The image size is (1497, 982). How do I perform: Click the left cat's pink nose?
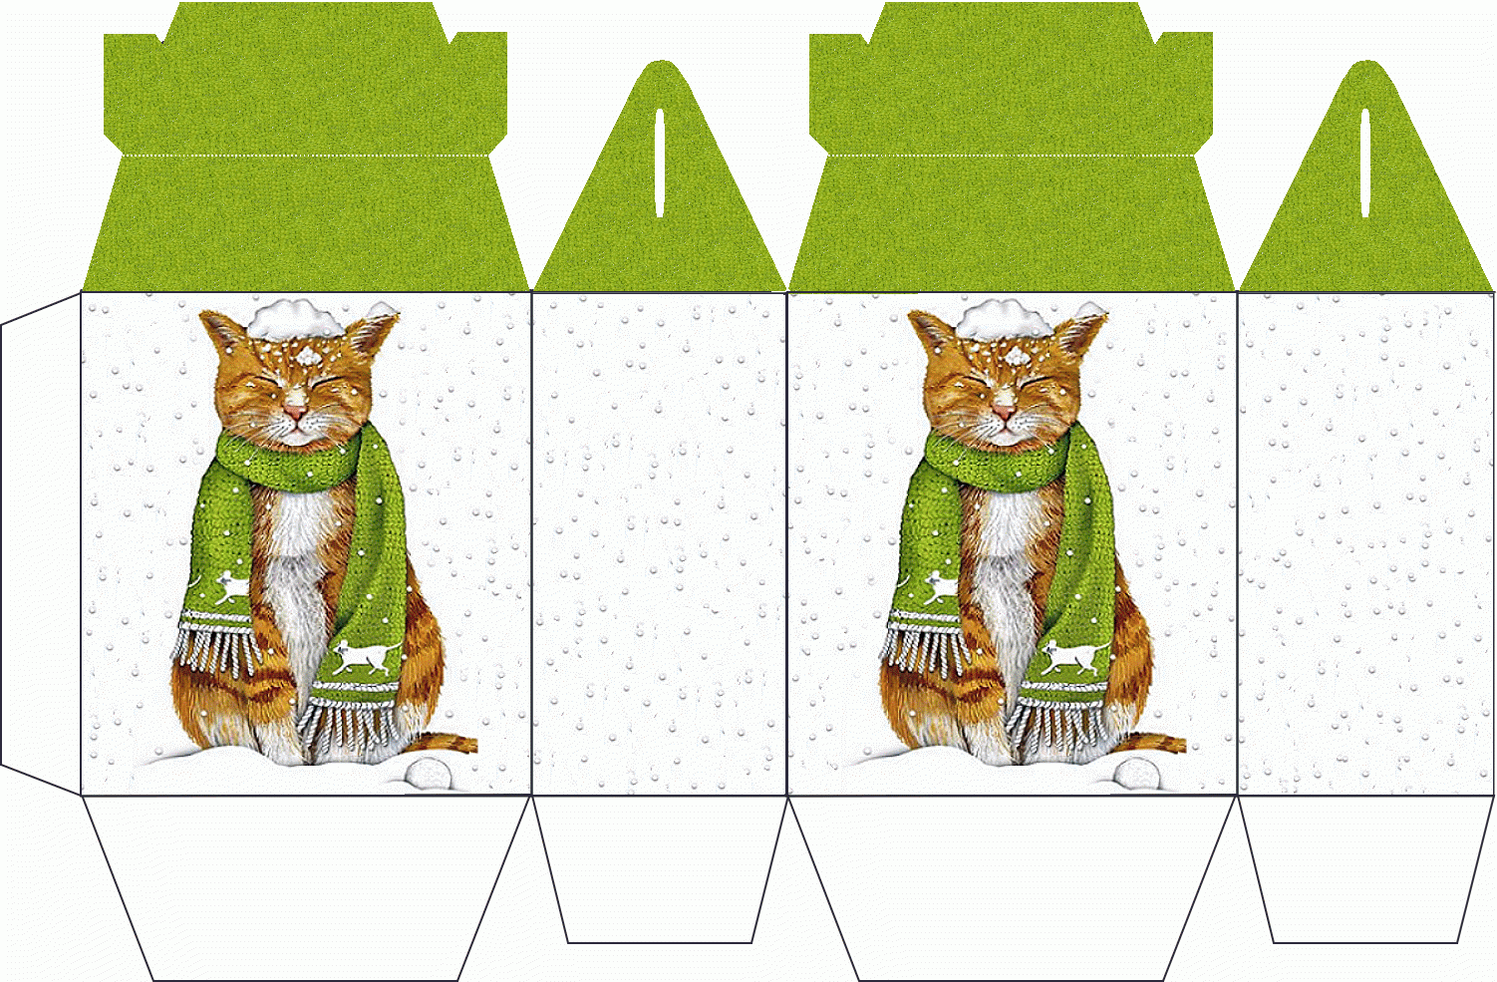[x=296, y=408]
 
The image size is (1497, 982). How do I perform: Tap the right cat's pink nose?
[x=1004, y=410]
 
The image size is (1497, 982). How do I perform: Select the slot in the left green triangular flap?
[x=659, y=162]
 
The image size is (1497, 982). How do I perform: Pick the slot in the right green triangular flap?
[x=1365, y=162]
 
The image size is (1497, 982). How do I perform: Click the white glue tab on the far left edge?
[x=40, y=543]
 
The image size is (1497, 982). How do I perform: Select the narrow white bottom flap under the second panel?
[x=659, y=867]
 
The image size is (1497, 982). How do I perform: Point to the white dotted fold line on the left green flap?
[x=305, y=156]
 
